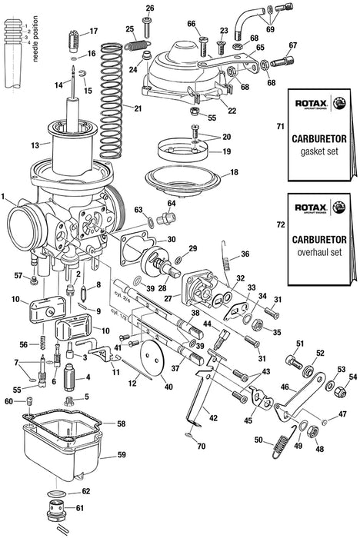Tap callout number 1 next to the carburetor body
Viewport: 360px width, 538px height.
[x=5, y=198]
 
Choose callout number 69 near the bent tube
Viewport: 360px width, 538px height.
[x=270, y=29]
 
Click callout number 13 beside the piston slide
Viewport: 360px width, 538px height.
[x=35, y=144]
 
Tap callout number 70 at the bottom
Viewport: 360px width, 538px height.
[x=202, y=445]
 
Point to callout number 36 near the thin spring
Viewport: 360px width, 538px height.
[x=245, y=254]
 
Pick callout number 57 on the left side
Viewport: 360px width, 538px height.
[x=18, y=274]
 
